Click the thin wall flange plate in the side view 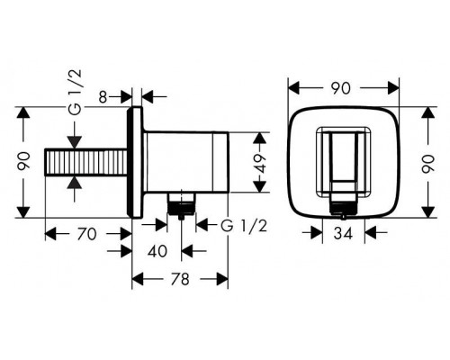point(137,165)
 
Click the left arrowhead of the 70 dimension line point(50,232)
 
